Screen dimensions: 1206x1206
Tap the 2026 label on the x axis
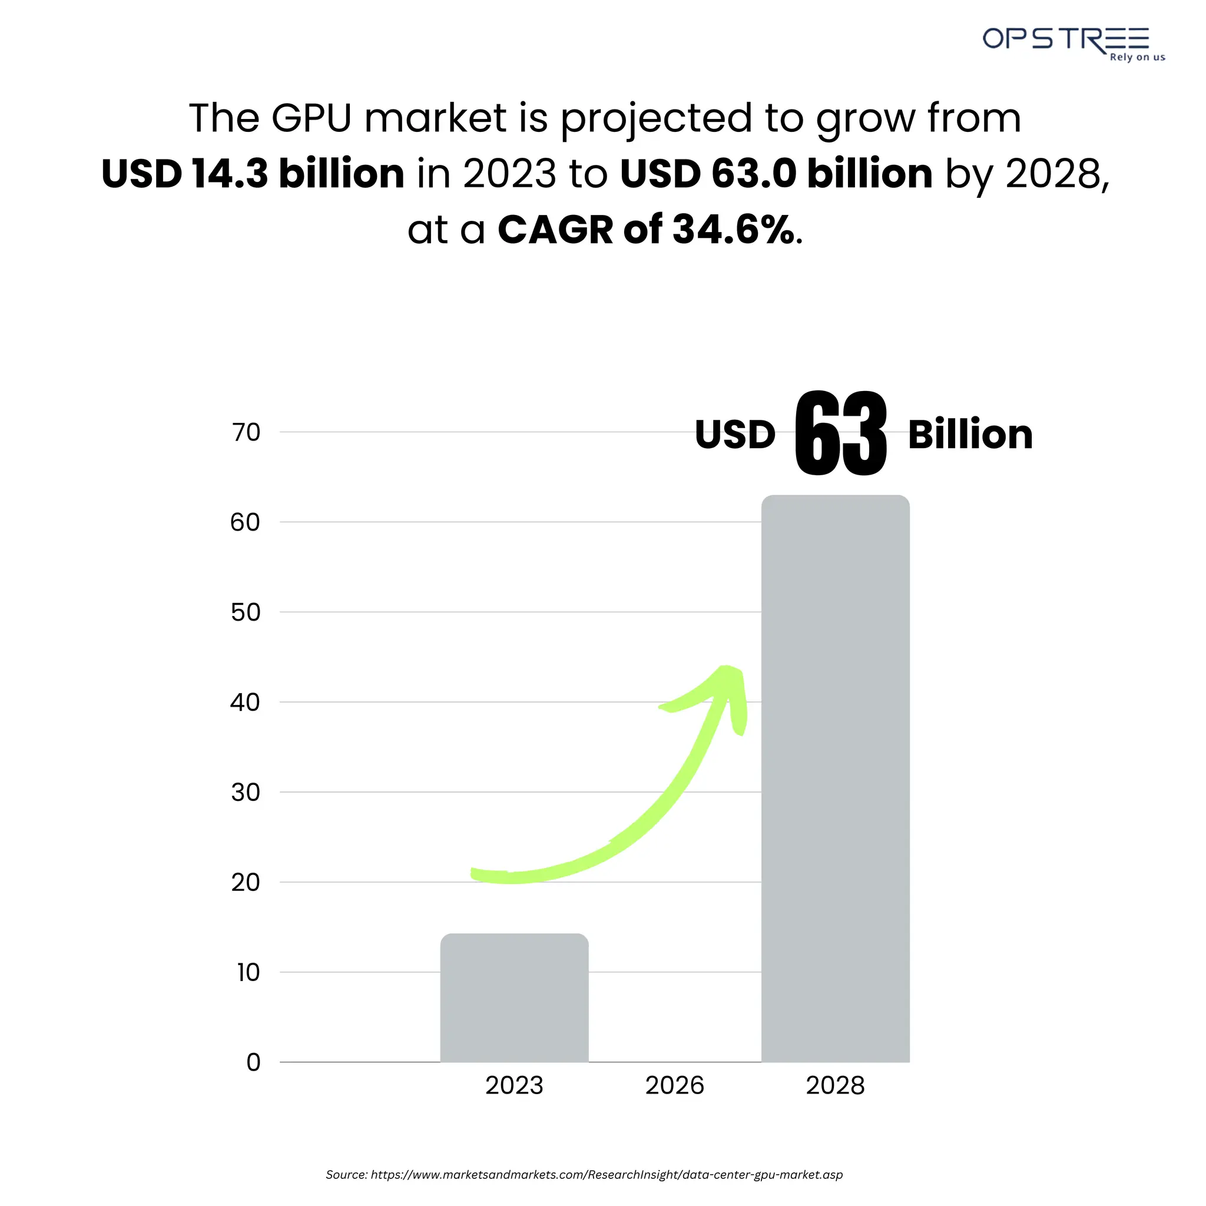(x=674, y=1085)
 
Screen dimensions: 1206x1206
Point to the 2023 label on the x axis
(x=514, y=1085)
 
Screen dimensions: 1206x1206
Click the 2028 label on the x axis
(x=835, y=1085)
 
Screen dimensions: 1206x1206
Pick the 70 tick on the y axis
(x=246, y=432)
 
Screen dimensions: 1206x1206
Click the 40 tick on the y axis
(x=245, y=703)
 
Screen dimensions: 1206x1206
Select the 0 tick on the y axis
(x=253, y=1062)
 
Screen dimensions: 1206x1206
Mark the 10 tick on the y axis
(x=248, y=972)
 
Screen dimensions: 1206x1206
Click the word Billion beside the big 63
(x=970, y=435)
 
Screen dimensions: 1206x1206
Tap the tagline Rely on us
(x=1137, y=58)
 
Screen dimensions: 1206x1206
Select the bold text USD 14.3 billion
(x=253, y=174)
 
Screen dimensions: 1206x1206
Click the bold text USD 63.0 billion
(x=776, y=174)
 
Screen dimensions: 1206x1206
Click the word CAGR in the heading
(x=555, y=230)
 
